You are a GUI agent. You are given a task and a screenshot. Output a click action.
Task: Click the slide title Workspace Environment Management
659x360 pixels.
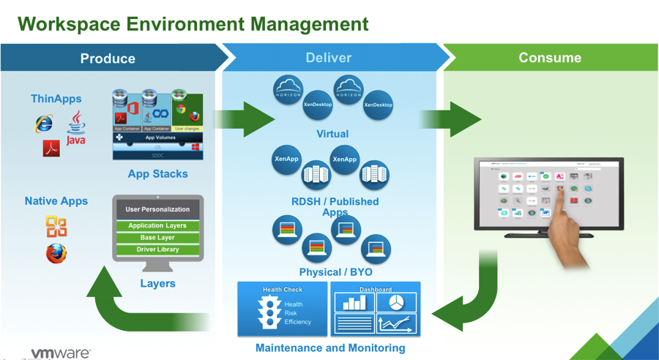(x=193, y=23)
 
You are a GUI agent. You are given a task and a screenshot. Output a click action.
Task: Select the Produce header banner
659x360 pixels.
(x=108, y=58)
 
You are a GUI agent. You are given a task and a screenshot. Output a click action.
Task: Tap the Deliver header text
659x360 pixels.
(x=328, y=58)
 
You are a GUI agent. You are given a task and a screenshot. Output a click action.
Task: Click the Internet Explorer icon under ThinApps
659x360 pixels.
(x=44, y=124)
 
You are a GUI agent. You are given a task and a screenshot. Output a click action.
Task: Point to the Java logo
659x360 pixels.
(x=76, y=128)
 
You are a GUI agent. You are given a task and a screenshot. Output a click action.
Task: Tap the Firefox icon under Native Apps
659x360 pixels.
(x=56, y=253)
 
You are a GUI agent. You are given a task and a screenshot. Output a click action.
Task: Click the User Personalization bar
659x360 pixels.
(x=157, y=209)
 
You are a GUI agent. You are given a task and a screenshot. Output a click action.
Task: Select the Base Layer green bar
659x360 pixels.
(x=157, y=238)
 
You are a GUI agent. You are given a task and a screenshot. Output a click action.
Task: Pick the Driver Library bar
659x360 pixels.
(x=157, y=250)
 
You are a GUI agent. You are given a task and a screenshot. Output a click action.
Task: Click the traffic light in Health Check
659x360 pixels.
(x=271, y=312)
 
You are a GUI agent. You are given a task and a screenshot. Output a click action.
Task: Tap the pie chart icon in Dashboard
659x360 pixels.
(x=396, y=302)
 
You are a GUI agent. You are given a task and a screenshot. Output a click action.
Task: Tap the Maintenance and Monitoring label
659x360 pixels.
(x=329, y=348)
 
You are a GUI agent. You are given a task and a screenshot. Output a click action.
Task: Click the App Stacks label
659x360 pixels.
(x=157, y=174)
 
